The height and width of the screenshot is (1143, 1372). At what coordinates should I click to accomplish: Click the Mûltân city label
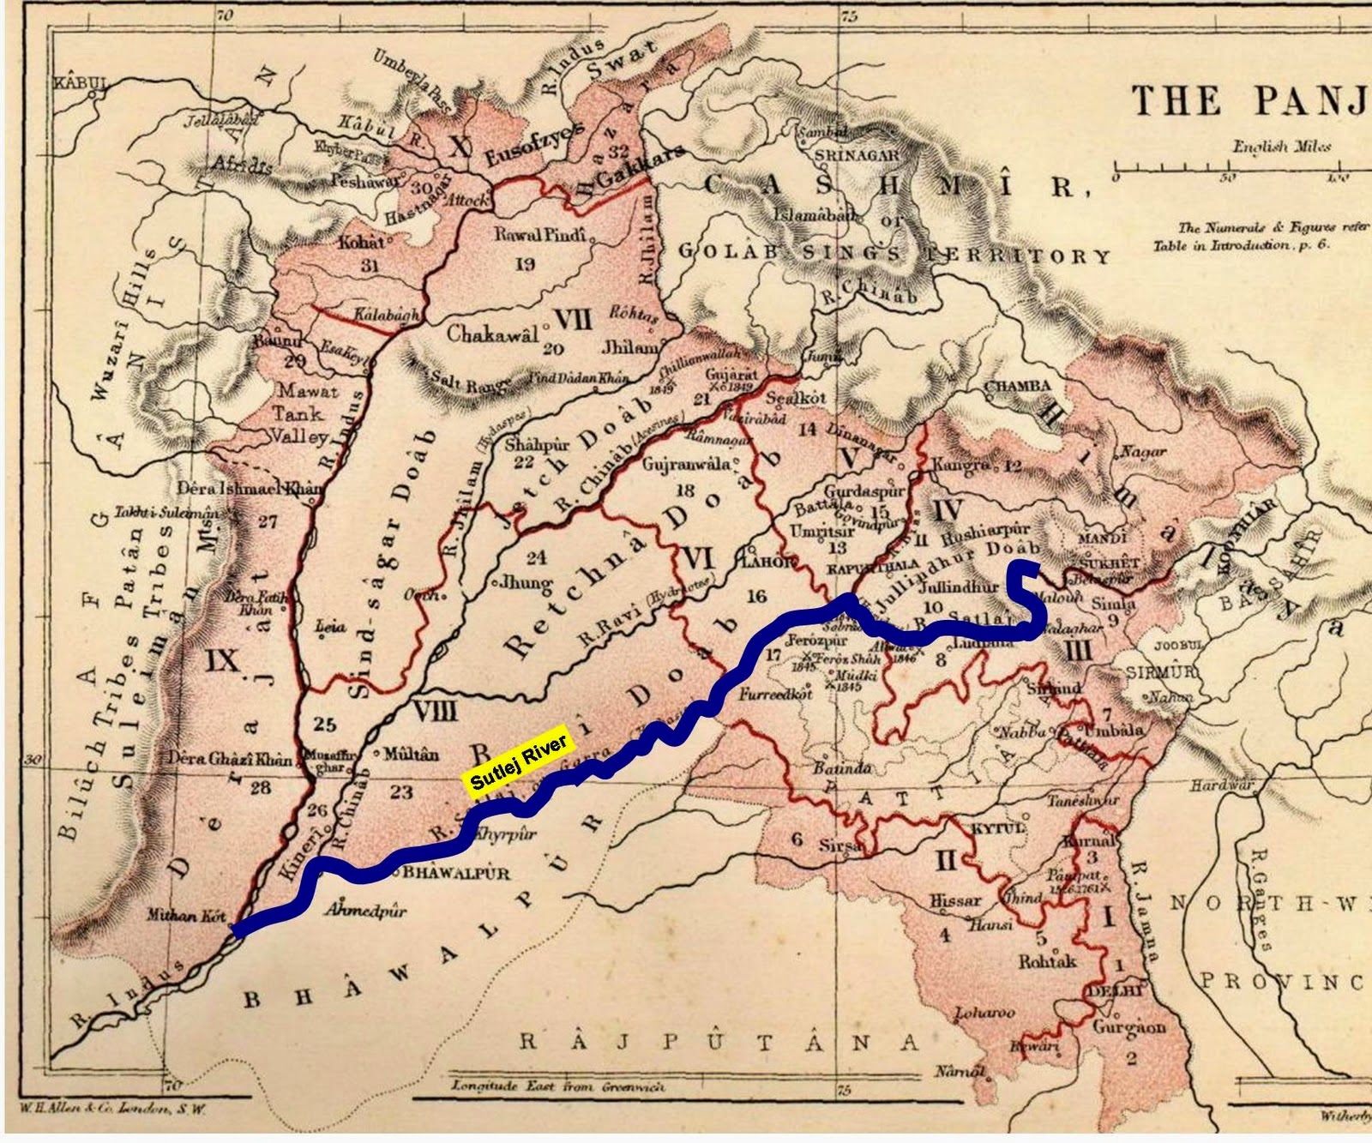click(x=411, y=755)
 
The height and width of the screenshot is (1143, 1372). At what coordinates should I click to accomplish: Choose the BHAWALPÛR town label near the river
click(x=456, y=874)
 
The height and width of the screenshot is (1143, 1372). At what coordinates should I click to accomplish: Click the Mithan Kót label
click(x=186, y=915)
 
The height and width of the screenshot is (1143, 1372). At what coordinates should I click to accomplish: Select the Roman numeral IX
click(x=222, y=660)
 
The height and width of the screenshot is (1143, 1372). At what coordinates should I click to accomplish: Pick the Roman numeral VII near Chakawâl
click(x=573, y=320)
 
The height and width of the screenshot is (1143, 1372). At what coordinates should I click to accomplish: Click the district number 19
click(x=525, y=264)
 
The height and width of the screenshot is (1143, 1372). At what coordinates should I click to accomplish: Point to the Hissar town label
click(x=955, y=901)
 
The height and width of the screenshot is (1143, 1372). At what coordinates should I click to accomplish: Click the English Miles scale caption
click(x=1282, y=147)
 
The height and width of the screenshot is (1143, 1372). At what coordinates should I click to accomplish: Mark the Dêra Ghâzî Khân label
click(x=231, y=759)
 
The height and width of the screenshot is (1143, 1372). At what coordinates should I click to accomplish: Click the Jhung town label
click(x=526, y=583)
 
